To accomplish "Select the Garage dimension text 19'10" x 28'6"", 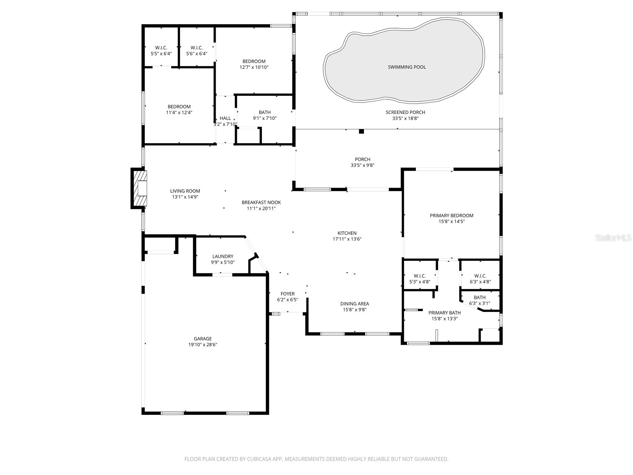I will tap(203, 345).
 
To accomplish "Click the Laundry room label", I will tap(223, 256).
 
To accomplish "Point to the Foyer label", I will tap(288, 294).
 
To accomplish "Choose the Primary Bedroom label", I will tap(451, 216).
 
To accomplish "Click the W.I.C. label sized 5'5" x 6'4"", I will tap(161, 47).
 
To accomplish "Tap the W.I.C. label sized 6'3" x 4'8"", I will tap(480, 276).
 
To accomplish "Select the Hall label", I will tap(225, 118).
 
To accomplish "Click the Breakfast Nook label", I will tap(261, 202).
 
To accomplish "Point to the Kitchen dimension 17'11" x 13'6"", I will tap(347, 239).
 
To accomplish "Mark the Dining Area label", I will tap(354, 304).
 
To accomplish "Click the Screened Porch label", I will tap(405, 112).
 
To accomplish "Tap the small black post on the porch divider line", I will tap(361, 131).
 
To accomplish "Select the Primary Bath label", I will tap(444, 313).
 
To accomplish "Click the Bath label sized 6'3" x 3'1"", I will tap(479, 298).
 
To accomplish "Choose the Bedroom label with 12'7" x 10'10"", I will tap(254, 61).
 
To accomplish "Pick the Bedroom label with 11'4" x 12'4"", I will tap(179, 106).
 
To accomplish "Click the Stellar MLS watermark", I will tap(614, 238).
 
